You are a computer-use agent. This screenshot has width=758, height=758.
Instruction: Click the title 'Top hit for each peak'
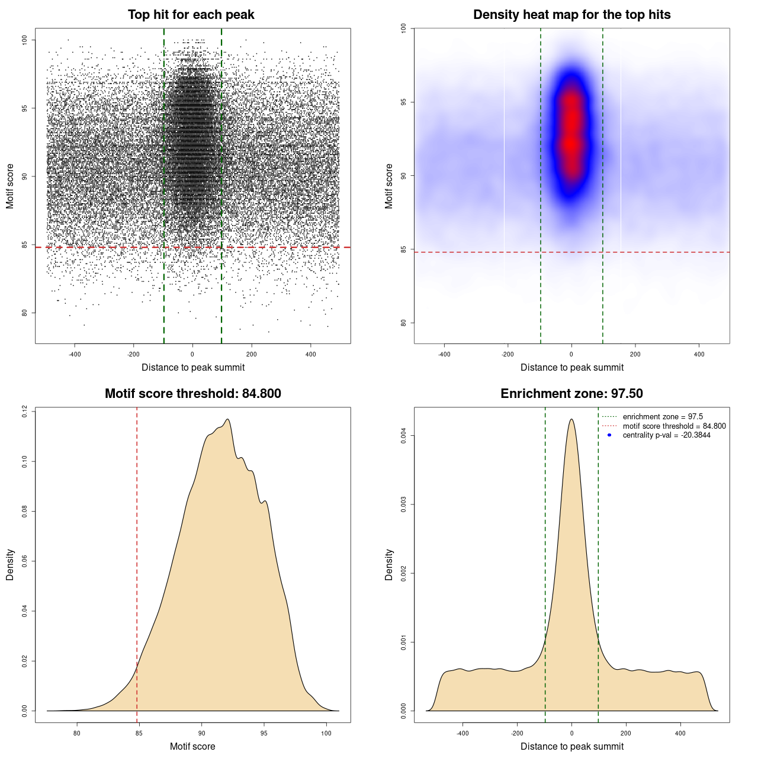point(191,15)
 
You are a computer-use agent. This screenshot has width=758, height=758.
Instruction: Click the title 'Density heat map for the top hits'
point(571,15)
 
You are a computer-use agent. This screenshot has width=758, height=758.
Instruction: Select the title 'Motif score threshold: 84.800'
point(192,394)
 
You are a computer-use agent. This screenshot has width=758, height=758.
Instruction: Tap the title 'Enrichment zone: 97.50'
point(571,394)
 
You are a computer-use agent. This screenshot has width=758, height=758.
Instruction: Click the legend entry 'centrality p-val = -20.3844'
point(666,435)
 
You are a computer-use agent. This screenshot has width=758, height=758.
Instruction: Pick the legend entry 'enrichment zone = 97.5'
point(663,417)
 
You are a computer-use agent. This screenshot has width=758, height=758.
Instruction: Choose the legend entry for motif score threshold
point(674,426)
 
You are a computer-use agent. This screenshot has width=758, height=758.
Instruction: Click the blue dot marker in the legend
point(609,435)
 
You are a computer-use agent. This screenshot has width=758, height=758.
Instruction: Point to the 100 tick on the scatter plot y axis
point(25,40)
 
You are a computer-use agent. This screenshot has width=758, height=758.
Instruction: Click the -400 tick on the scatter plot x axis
point(75,354)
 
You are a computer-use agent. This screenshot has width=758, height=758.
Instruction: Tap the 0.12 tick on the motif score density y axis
point(25,412)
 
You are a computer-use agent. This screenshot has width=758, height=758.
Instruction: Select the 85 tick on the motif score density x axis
point(139,733)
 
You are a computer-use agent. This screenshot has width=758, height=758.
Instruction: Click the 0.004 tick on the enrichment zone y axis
point(404,436)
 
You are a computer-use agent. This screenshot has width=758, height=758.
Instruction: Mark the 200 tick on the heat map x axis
point(635,354)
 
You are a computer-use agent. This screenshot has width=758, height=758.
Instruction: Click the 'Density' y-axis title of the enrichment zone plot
point(389,564)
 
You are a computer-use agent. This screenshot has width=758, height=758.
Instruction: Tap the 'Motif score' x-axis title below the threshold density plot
point(192,746)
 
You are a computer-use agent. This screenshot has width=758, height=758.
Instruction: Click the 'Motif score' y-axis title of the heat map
point(389,186)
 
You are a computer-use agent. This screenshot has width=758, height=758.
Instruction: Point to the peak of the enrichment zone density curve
point(571,419)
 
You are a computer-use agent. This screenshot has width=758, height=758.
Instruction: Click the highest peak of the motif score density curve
point(227,419)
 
